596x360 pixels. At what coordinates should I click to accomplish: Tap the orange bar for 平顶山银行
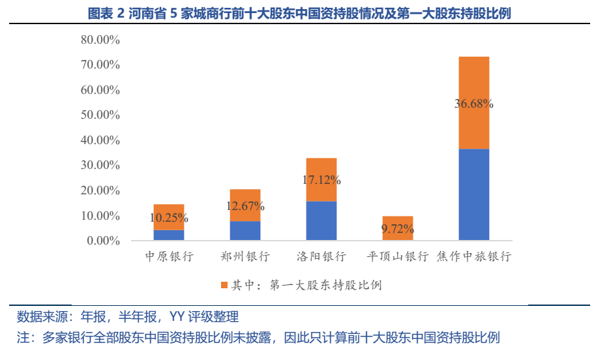pos(397,222)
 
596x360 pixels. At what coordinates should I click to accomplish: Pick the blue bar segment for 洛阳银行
pos(321,220)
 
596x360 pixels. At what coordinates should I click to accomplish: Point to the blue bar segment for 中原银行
pos(169,235)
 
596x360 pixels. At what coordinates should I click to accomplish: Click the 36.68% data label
pos(473,104)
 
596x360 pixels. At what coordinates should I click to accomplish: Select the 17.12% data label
pos(321,179)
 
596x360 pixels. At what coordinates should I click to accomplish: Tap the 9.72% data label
pos(397,229)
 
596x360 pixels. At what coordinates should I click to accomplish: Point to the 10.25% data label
pos(169,218)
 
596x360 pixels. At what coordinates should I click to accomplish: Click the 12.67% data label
pos(245,207)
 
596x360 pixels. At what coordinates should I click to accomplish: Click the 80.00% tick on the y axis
pos(100,40)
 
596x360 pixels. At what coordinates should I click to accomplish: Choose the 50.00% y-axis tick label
pos(100,115)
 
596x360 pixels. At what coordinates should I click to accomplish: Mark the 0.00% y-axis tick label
pos(102,241)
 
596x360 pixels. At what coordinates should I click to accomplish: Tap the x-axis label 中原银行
pos(169,256)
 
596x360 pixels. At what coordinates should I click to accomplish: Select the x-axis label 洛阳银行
pos(321,256)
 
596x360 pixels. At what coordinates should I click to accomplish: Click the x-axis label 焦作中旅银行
pos(473,256)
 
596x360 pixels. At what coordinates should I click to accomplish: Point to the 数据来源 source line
pos(128,318)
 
